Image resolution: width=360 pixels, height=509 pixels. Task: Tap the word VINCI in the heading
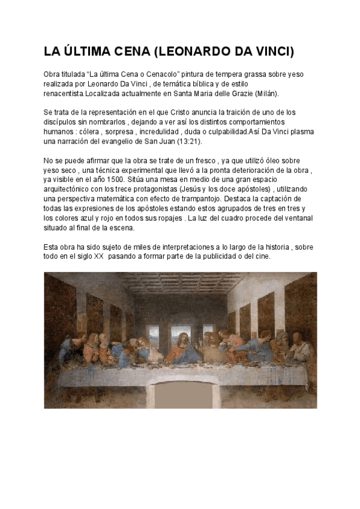[272, 52]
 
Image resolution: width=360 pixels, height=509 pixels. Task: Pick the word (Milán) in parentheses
[266, 94]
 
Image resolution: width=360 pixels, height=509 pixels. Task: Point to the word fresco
[214, 161]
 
